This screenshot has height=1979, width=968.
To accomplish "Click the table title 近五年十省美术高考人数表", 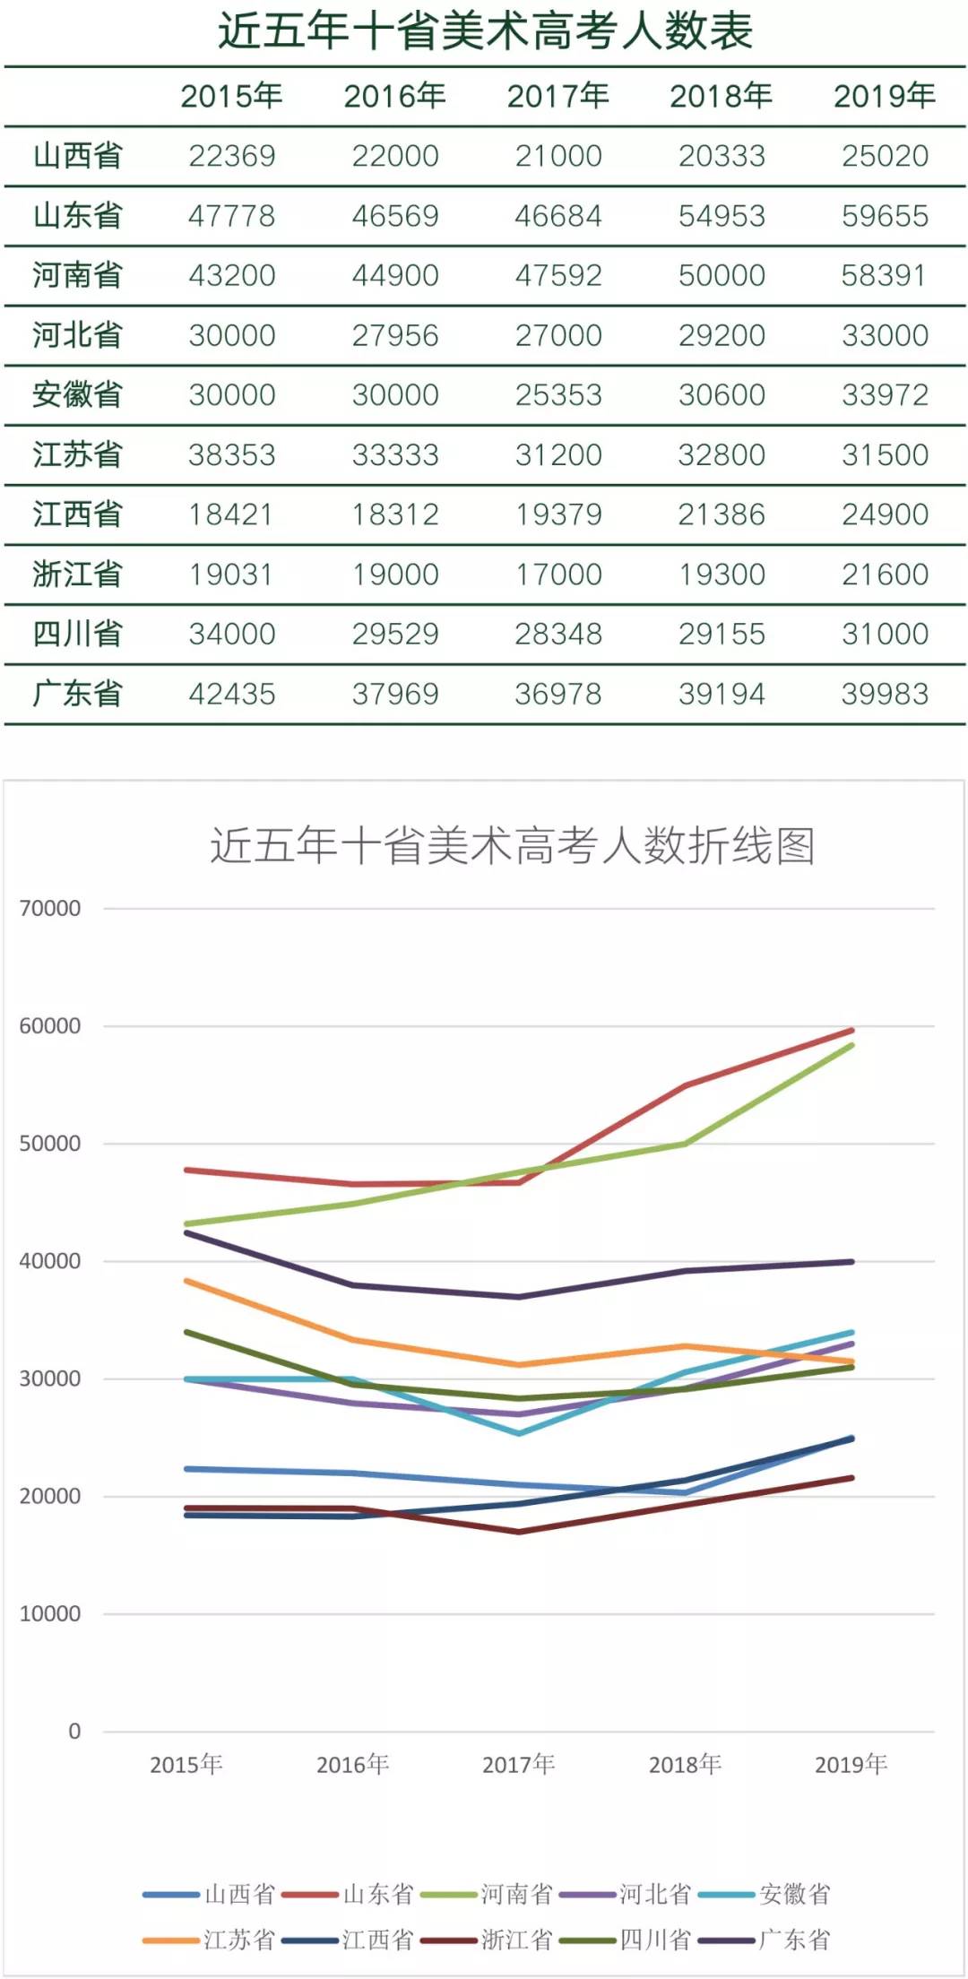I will click(x=485, y=32).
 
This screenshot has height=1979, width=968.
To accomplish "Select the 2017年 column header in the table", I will click(x=557, y=96).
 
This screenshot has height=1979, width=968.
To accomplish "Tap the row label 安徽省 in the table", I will click(x=77, y=394).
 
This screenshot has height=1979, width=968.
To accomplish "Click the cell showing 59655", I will click(x=885, y=216).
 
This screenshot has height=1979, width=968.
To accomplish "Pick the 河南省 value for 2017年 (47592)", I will click(x=557, y=275).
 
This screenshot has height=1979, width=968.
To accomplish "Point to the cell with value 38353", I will click(x=231, y=454).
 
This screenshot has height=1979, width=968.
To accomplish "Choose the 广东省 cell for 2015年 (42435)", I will click(x=231, y=694).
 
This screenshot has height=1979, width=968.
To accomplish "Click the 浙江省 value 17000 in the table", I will click(x=557, y=575).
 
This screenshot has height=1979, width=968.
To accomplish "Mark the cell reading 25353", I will click(x=557, y=394).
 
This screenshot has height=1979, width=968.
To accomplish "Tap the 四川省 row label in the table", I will click(x=77, y=634).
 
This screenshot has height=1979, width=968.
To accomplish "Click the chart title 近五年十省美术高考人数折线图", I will click(x=512, y=845).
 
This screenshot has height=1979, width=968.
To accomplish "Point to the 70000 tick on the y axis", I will click(x=50, y=908).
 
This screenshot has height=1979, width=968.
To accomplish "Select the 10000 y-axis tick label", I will click(x=50, y=1613).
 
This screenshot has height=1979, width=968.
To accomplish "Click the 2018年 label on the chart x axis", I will click(x=685, y=1764).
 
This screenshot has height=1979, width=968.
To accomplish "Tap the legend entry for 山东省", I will click(x=376, y=1894).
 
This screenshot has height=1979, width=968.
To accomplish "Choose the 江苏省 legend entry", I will click(x=238, y=1940).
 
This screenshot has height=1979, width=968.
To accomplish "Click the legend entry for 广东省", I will click(x=793, y=1940).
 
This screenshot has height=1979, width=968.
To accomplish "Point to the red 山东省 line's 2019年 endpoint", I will click(x=851, y=1031).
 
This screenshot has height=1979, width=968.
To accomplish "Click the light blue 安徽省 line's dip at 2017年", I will click(x=519, y=1433).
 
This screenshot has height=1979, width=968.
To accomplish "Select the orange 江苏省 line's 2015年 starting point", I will click(x=186, y=1281).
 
